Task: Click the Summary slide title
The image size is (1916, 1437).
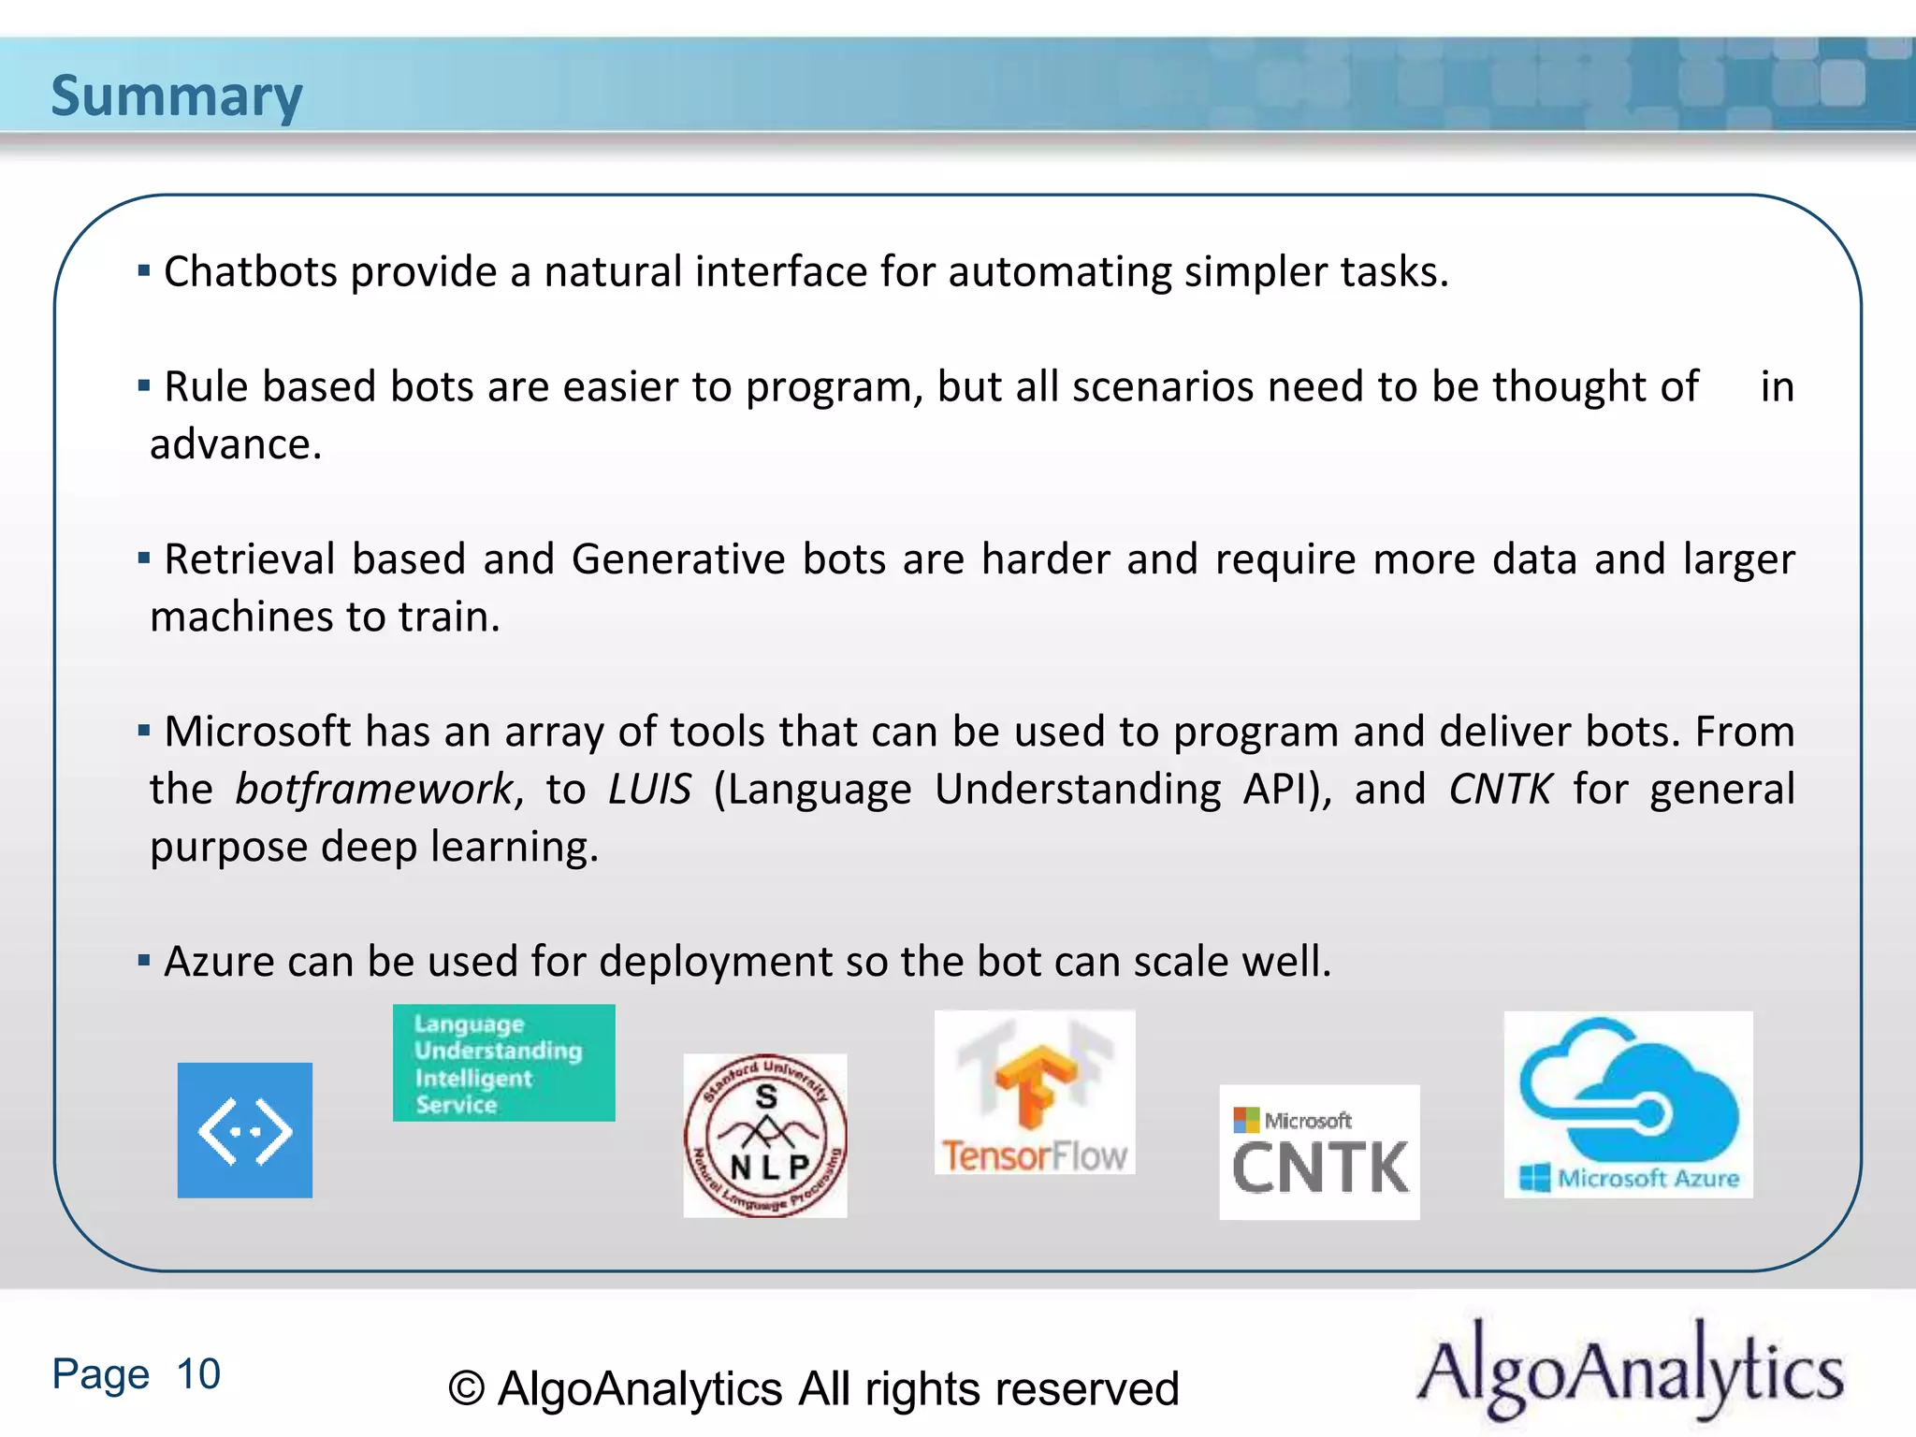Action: [x=176, y=95]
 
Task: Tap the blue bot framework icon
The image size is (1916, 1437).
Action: [x=245, y=1130]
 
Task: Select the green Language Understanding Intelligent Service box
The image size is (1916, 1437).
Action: [x=503, y=1063]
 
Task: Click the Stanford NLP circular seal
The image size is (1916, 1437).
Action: [x=765, y=1136]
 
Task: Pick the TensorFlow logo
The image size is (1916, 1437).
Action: [x=1035, y=1093]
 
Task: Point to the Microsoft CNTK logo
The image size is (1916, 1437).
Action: [x=1319, y=1153]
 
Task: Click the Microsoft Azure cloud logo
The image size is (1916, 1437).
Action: [x=1628, y=1104]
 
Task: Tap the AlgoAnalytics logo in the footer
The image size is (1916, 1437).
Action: [x=1630, y=1370]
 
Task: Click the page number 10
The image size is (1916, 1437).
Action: [x=198, y=1374]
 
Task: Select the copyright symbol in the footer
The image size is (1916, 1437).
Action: [x=466, y=1389]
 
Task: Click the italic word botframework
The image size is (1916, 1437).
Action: [x=373, y=790]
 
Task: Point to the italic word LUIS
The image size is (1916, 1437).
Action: [x=649, y=790]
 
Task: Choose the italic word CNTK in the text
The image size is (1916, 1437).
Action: [x=1500, y=790]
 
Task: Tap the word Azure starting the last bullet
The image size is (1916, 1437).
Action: [x=218, y=962]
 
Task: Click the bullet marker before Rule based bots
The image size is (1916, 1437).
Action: [x=144, y=385]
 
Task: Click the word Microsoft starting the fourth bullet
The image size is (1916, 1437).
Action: [x=256, y=732]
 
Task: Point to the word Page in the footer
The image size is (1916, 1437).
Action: [x=100, y=1374]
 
